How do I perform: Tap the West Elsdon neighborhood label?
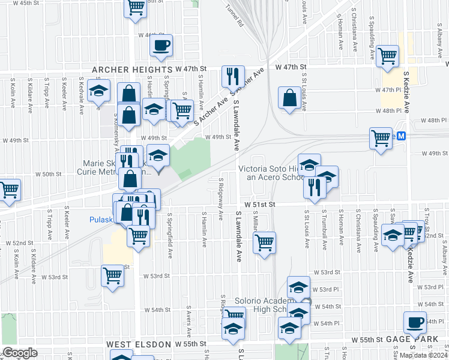tap(140, 344)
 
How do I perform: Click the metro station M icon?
tap(402, 136)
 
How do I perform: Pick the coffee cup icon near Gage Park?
tap(414, 322)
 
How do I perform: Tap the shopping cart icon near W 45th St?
tap(136, 7)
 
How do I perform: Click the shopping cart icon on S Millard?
tap(264, 242)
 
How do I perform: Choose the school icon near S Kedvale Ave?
tap(98, 92)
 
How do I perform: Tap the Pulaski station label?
tap(101, 219)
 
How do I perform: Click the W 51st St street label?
tap(259, 204)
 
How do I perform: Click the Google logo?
tap(20, 353)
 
